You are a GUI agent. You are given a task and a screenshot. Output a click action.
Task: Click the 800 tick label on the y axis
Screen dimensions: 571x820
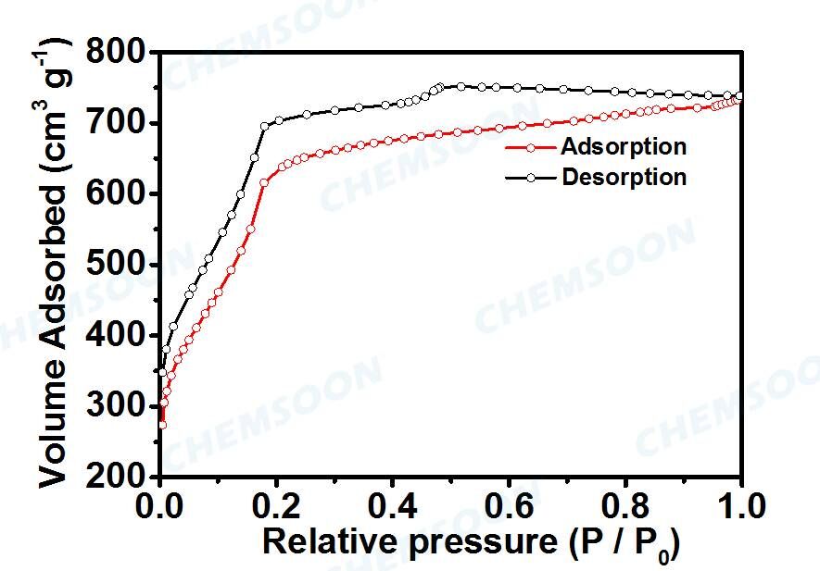(118, 53)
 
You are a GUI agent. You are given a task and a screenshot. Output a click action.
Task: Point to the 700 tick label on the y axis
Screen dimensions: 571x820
(118, 123)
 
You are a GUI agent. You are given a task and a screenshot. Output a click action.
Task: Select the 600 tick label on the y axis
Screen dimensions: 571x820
(118, 193)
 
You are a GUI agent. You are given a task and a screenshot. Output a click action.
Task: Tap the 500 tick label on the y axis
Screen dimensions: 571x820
(118, 265)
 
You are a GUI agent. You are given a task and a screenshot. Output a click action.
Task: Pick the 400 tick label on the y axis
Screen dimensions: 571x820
(118, 335)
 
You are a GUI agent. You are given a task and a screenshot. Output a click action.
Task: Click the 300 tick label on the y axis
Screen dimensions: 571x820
(118, 406)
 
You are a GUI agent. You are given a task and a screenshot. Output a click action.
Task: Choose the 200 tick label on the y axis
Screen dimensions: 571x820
(118, 476)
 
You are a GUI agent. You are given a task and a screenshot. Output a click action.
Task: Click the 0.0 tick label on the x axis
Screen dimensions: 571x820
(160, 506)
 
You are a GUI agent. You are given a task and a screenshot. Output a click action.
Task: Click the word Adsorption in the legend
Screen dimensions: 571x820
(624, 146)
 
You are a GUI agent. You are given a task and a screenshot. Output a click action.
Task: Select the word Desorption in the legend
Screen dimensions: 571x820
(624, 177)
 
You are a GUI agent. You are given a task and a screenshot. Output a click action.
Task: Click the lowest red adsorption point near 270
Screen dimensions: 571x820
(162, 425)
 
